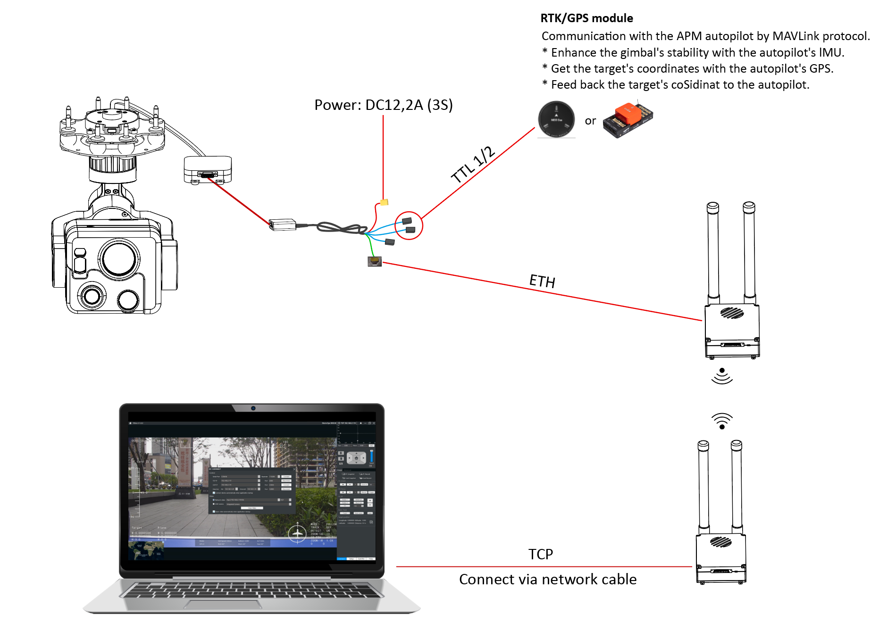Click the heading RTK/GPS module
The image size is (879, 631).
pyautogui.click(x=586, y=18)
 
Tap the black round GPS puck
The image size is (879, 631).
pyautogui.click(x=556, y=119)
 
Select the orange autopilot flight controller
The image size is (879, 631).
pyautogui.click(x=628, y=120)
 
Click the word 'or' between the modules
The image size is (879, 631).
pyautogui.click(x=590, y=121)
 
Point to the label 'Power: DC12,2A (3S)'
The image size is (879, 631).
pyautogui.click(x=383, y=105)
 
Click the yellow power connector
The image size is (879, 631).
pyautogui.click(x=384, y=202)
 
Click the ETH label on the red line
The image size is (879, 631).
pyautogui.click(x=542, y=281)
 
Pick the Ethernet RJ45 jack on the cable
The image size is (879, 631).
pyautogui.click(x=375, y=261)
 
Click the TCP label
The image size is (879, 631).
pyautogui.click(x=540, y=554)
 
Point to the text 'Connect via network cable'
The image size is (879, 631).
pyautogui.click(x=548, y=579)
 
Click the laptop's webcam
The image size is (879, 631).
pyautogui.click(x=253, y=408)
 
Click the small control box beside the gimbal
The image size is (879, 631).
pyautogui.click(x=208, y=169)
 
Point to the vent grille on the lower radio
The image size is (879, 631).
pyautogui.click(x=721, y=541)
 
